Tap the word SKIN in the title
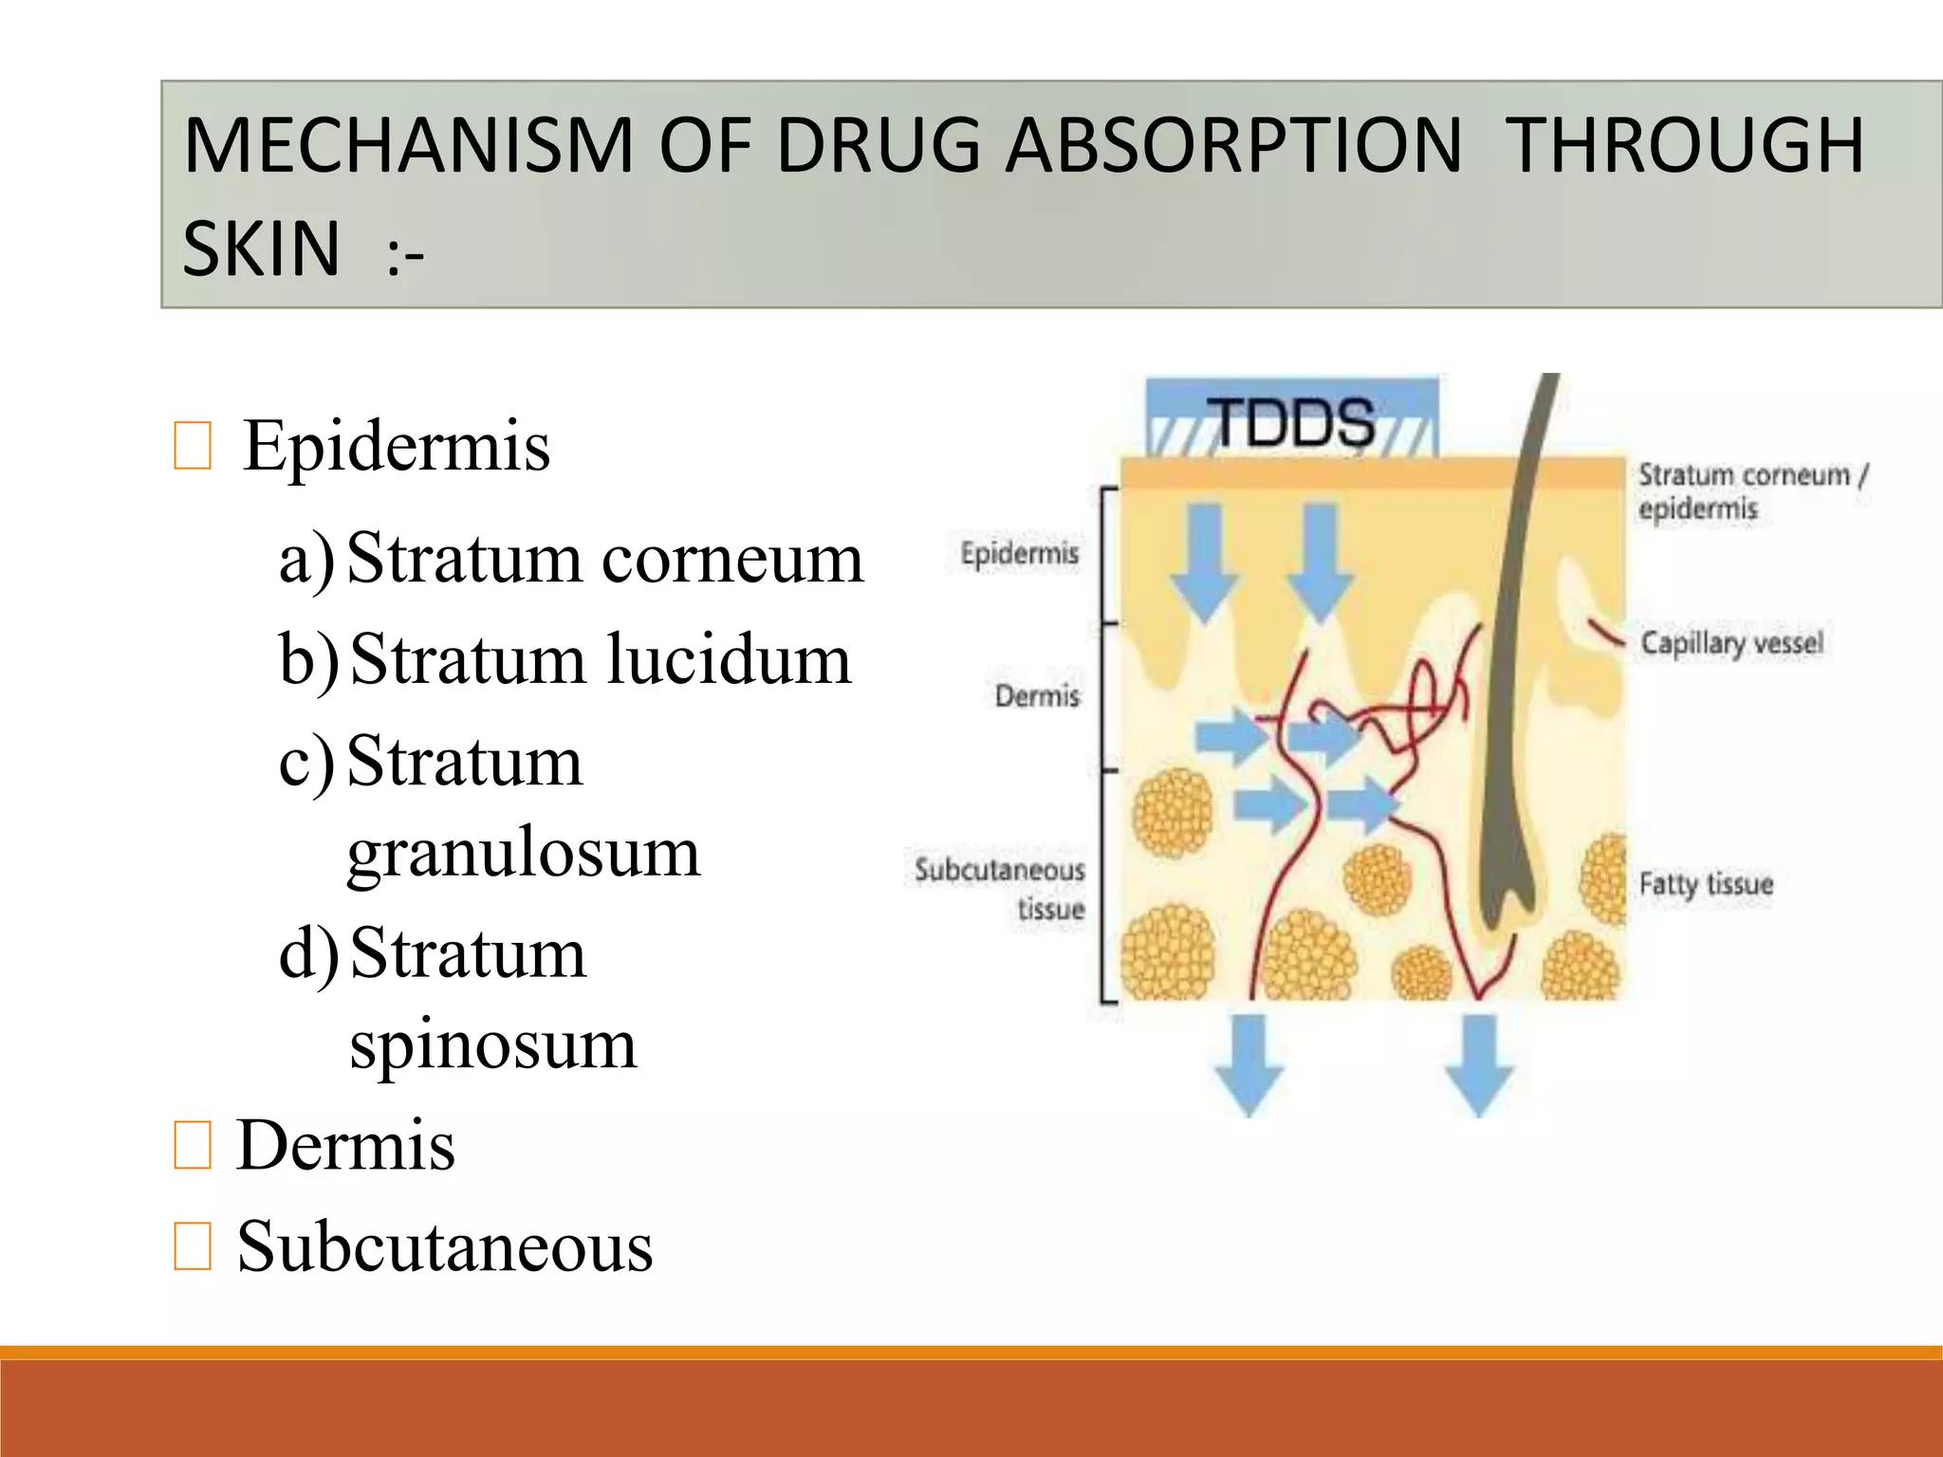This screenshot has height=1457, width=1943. point(261,248)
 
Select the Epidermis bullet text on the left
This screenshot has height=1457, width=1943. point(396,445)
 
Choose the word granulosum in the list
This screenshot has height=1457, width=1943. point(524,853)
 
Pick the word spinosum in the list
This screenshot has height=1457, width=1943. point(493,1045)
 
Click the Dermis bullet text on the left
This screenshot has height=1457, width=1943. point(345,1145)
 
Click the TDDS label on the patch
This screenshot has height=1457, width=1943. point(1294,422)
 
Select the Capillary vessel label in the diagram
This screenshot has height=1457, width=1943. point(1731,643)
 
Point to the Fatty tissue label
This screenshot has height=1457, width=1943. point(1706,884)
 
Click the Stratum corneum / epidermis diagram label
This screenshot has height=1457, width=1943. point(1751,490)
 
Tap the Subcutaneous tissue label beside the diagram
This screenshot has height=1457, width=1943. point(1001,889)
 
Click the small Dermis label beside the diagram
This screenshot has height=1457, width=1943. point(1037,696)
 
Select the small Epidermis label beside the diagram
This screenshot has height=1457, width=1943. point(1019,553)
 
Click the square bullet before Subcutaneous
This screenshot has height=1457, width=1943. point(193,1246)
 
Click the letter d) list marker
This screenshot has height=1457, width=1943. point(308,954)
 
